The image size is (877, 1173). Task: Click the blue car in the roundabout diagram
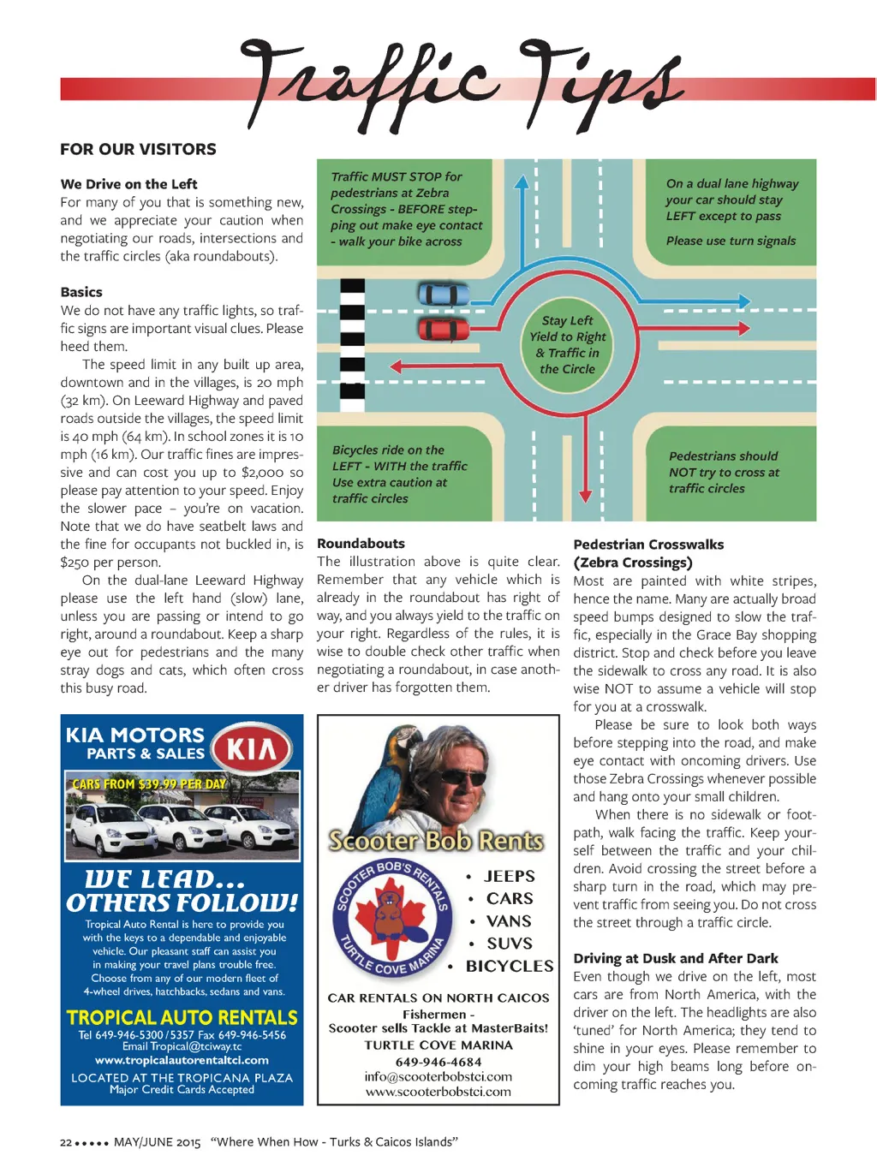tap(444, 295)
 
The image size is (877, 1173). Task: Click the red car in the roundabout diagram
tap(444, 329)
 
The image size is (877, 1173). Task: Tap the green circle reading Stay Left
tap(567, 344)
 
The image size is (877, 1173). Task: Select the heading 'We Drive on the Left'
tap(128, 184)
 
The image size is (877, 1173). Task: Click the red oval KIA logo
tap(252, 749)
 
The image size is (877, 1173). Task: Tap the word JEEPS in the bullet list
tap(509, 876)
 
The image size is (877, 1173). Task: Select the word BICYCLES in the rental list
tap(510, 966)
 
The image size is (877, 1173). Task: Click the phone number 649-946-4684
tap(438, 1062)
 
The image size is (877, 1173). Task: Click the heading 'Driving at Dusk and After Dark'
tap(676, 958)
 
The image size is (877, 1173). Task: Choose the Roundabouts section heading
tap(361, 544)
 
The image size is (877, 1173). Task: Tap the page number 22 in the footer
tap(66, 1142)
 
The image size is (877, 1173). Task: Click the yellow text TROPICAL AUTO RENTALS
tap(182, 1017)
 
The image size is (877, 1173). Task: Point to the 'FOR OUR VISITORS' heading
tap(138, 149)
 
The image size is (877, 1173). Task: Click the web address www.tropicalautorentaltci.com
tap(182, 1060)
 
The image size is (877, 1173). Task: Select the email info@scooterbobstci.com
tap(438, 1076)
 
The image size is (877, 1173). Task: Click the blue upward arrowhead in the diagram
tap(521, 182)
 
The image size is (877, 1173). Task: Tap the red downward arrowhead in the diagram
tap(585, 495)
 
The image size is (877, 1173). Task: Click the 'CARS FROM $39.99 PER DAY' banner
tap(149, 783)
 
